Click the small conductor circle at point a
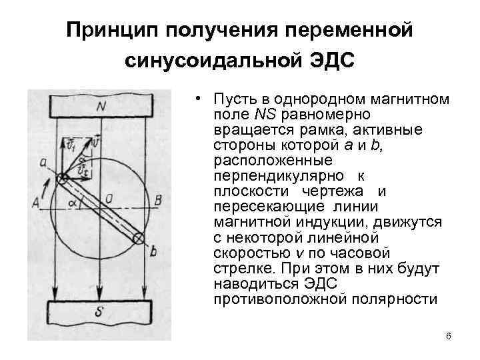(61, 179)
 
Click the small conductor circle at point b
(138, 238)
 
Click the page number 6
(448, 335)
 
